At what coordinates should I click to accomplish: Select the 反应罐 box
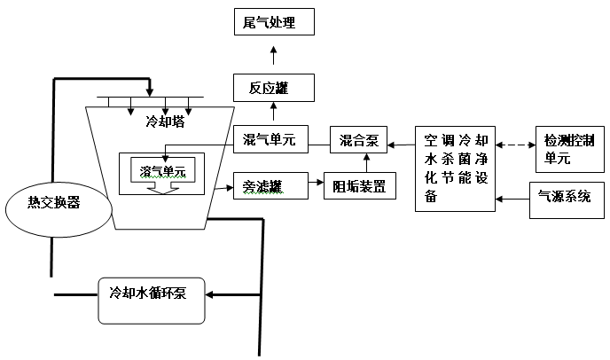click(x=273, y=87)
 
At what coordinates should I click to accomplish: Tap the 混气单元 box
click(x=274, y=139)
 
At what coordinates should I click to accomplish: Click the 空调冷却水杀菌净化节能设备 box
click(x=455, y=168)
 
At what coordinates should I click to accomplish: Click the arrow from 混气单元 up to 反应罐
click(x=273, y=112)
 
